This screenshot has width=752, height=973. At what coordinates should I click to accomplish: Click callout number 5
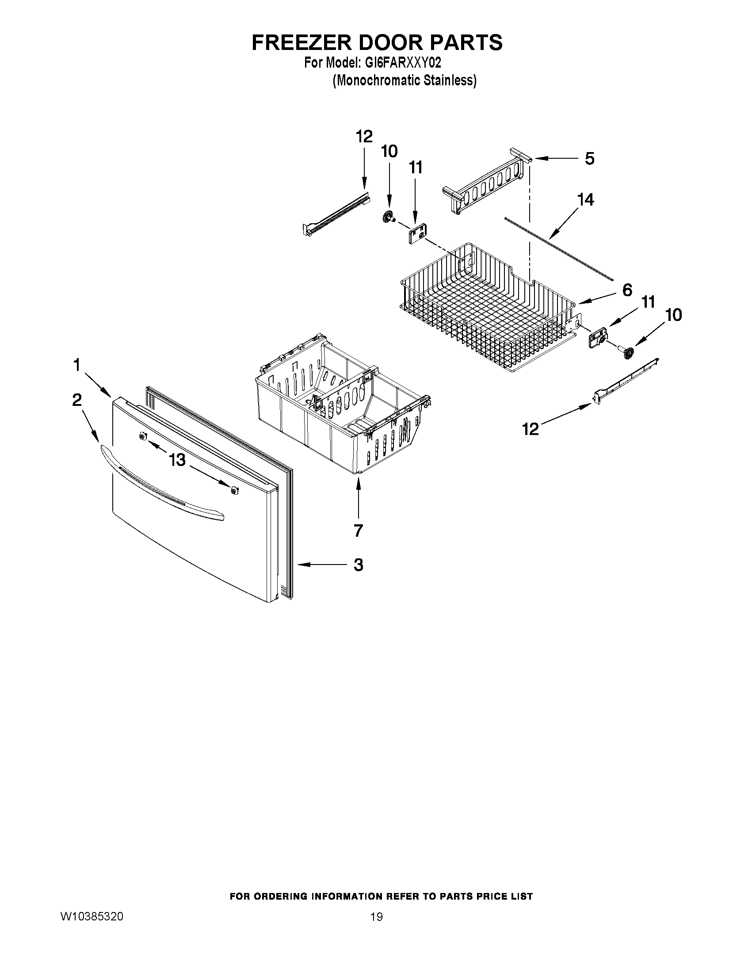point(589,159)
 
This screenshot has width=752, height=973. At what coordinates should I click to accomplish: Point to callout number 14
point(585,199)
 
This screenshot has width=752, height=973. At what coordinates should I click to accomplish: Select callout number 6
point(626,290)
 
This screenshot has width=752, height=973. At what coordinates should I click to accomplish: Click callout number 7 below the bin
point(358,530)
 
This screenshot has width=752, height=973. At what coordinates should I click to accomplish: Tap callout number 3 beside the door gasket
point(358,565)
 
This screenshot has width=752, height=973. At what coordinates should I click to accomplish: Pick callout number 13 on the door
point(177,459)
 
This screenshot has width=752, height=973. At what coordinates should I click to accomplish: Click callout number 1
point(77,365)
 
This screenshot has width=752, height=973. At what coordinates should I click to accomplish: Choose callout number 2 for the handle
point(77,400)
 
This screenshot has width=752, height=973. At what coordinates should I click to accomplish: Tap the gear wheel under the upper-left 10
point(389,217)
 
